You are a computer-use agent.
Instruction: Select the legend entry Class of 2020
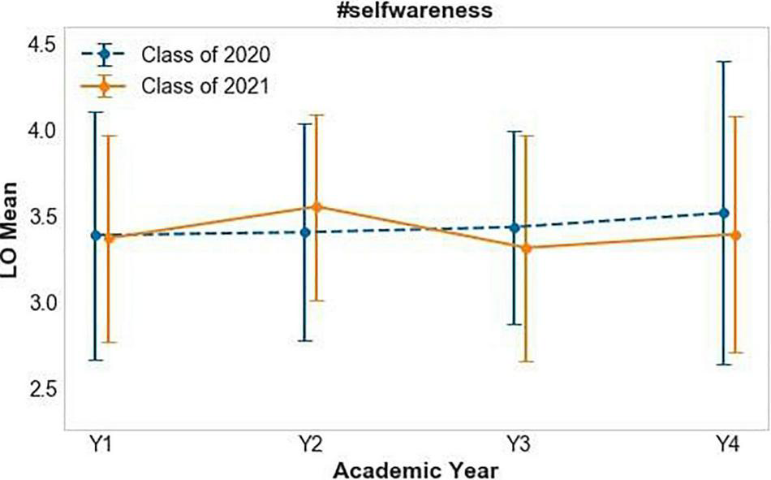[205, 55]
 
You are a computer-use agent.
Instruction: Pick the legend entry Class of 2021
[205, 84]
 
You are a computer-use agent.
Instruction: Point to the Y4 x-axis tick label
[728, 444]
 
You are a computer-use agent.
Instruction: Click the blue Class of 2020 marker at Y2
[305, 232]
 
